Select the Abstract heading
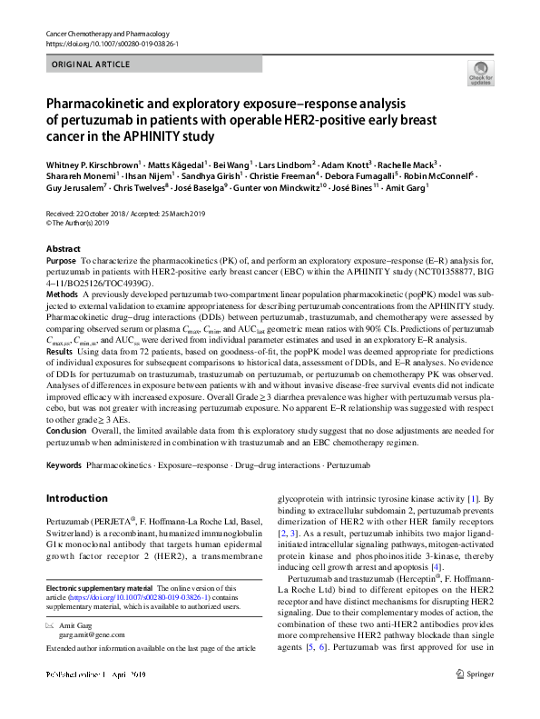[64, 248]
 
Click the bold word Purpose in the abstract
[62, 260]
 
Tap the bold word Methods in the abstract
[62, 295]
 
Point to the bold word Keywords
[64, 465]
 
